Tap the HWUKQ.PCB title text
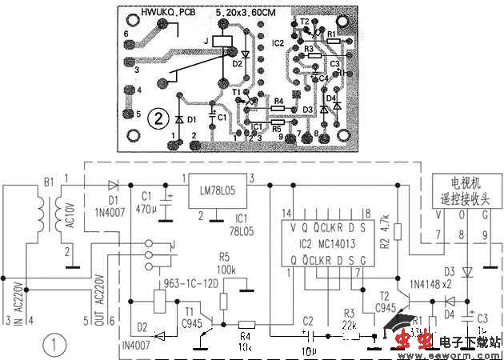pos(167,13)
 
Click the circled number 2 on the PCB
pos(161,118)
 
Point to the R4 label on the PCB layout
pos(278,101)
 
